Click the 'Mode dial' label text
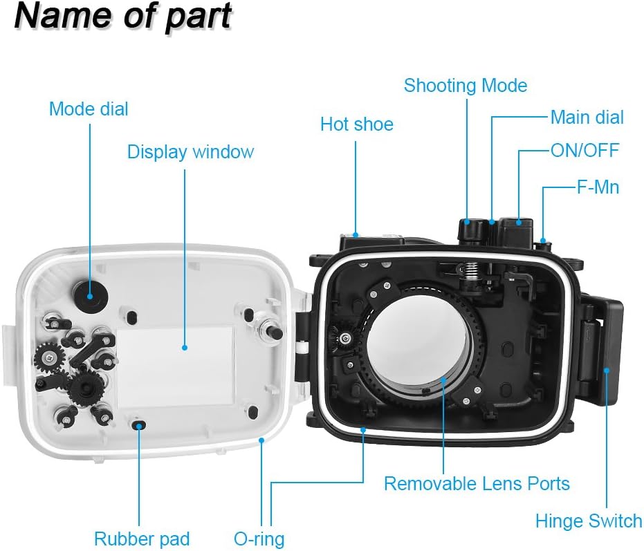click(x=89, y=109)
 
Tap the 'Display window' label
click(x=191, y=152)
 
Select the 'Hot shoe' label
click(x=357, y=124)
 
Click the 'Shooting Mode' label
click(x=466, y=86)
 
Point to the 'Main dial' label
click(x=587, y=117)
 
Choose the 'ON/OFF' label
click(x=585, y=150)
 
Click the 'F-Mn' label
click(x=598, y=187)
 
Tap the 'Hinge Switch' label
click(x=589, y=521)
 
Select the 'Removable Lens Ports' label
click(x=477, y=483)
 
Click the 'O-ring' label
click(x=259, y=539)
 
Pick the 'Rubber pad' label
click(x=142, y=539)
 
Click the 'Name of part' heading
click(x=123, y=17)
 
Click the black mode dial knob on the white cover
click(x=90, y=296)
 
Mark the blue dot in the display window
click(x=185, y=347)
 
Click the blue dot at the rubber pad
click(x=139, y=426)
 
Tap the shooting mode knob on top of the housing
click(x=472, y=230)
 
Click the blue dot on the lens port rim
click(x=443, y=378)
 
